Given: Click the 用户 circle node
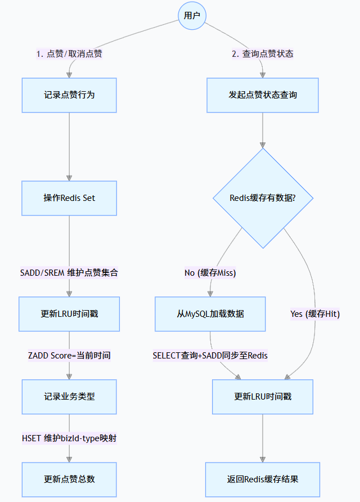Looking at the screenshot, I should [192, 15].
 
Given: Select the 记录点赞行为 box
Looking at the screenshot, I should [69, 95].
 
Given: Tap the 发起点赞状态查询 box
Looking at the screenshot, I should [263, 95].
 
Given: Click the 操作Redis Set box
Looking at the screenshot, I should [69, 198].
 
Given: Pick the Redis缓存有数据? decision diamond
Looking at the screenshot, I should [263, 198].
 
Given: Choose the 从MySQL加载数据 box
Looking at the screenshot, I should [210, 314].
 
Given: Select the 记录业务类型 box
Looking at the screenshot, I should [69, 396].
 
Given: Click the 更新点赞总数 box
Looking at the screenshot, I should [69, 479].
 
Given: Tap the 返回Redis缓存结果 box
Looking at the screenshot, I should [263, 479].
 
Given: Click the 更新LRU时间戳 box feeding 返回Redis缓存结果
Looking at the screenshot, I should [263, 396].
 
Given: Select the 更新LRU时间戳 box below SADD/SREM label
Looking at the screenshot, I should [69, 314].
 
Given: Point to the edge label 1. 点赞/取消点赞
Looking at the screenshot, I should [69, 54].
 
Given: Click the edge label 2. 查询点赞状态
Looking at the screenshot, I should [263, 54].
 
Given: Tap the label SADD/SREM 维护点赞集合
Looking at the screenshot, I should [69, 273].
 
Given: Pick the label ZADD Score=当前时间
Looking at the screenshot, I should [69, 356].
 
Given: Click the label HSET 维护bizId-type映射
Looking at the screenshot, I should [69, 438].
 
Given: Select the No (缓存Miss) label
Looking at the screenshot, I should [210, 273].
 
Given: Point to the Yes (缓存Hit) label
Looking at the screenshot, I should [315, 314].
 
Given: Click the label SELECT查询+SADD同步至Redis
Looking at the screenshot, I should [210, 356].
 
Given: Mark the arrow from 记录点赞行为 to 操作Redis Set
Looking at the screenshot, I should [69, 146].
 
